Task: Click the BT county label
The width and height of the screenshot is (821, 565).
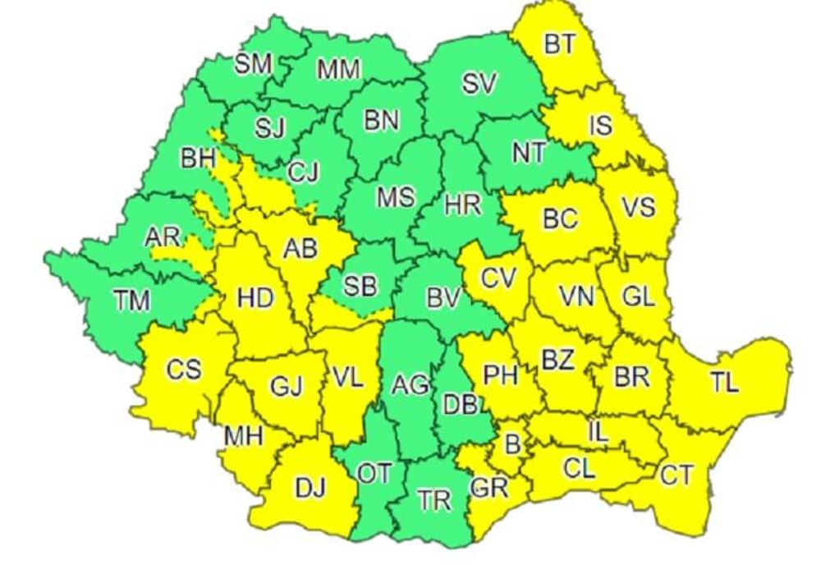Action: pos(560,44)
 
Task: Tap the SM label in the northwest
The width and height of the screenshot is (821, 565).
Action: pos(254,66)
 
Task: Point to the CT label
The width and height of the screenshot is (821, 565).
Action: pos(676,475)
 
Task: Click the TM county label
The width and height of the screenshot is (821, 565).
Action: pos(132,301)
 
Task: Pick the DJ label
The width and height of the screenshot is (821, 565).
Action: pos(310,489)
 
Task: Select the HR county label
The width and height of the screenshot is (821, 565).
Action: pos(463,205)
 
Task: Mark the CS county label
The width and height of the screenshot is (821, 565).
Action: pos(183,370)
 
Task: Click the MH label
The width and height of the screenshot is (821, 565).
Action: pos(244,436)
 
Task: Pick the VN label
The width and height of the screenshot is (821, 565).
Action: pos(577,296)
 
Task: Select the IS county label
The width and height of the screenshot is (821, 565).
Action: pos(600,126)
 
